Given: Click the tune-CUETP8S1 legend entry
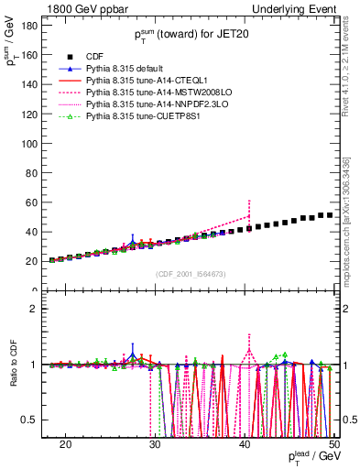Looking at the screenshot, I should [129, 117].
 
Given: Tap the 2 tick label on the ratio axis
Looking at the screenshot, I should [40, 309].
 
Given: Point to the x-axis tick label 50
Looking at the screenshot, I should [334, 445].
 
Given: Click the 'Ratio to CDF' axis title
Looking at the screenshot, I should [13, 365].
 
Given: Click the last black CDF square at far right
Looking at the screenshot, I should [330, 215].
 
